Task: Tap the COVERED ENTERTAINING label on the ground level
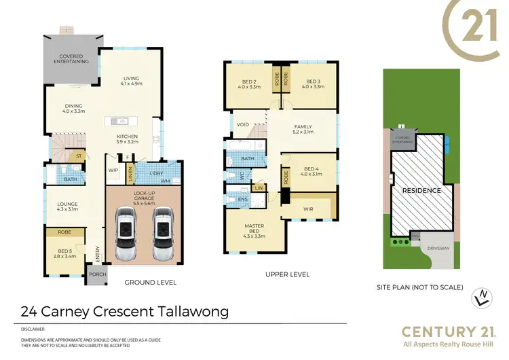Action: (x=71, y=58)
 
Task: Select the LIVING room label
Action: (x=131, y=80)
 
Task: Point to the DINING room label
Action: (x=74, y=107)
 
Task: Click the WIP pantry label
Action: (x=113, y=170)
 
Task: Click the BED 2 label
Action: (x=249, y=82)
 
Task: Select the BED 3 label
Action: (x=312, y=82)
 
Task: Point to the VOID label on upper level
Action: (x=242, y=124)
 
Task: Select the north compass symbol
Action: (x=482, y=295)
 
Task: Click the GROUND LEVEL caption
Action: (x=150, y=282)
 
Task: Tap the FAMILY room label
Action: (x=303, y=127)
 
